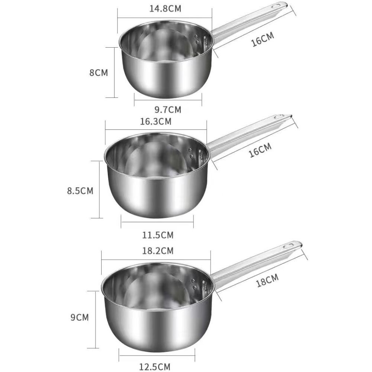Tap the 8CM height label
99,73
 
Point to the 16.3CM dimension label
157,121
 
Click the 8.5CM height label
80,191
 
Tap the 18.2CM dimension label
158,251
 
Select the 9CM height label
80,317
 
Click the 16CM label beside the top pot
263,39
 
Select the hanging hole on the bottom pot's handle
289,246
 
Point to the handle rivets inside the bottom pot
193,284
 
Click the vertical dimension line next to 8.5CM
99,189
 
